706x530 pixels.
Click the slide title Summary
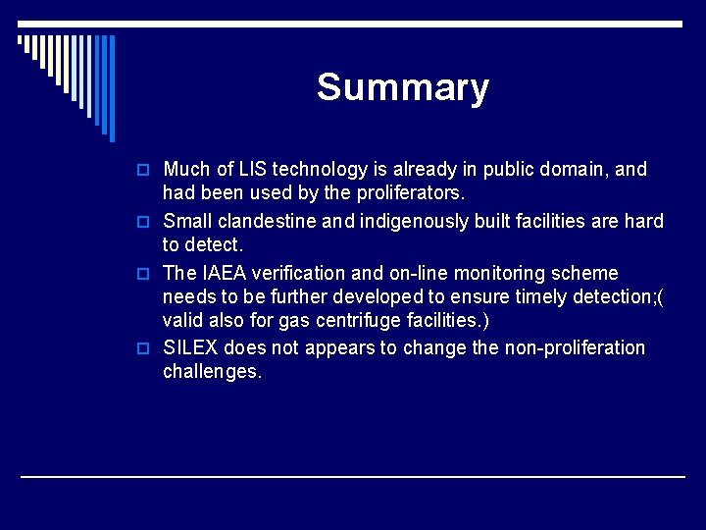pos(403,87)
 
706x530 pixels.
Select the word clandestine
pos(272,221)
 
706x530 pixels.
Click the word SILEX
pos(191,347)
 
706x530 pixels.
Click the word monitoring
pos(519,273)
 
